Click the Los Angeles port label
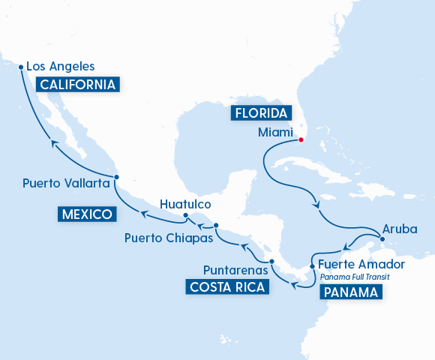click(x=60, y=66)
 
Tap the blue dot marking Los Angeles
click(x=20, y=67)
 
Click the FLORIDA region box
click(x=260, y=113)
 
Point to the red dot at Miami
click(x=300, y=139)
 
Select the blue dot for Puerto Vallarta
click(x=116, y=178)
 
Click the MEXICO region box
click(x=87, y=215)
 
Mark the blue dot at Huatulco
click(x=185, y=217)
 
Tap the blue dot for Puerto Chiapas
click(x=216, y=226)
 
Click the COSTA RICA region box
click(x=226, y=286)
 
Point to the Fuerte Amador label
click(x=361, y=264)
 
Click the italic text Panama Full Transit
click(x=355, y=277)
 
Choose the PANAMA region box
click(x=350, y=292)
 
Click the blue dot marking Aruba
click(x=382, y=239)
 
